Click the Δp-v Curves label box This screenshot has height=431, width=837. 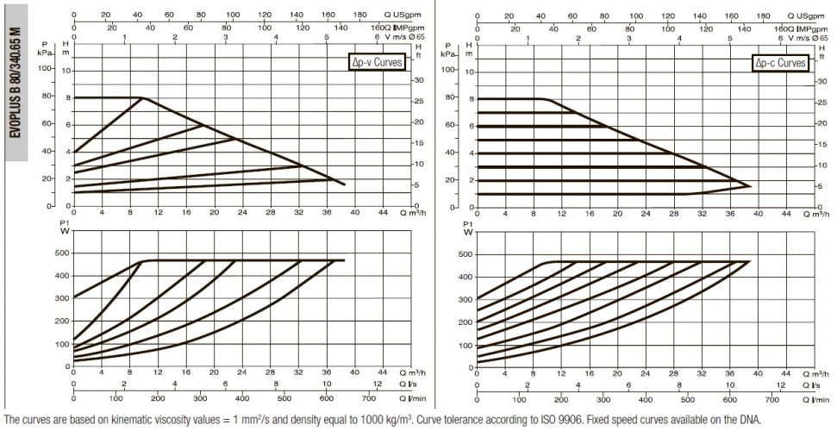(376, 62)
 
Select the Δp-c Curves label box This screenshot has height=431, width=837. (780, 63)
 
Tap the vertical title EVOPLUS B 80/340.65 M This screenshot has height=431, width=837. (16, 82)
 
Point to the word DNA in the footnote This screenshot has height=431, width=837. (749, 419)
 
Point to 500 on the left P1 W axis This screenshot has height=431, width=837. (61, 253)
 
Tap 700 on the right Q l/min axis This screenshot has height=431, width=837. (772, 399)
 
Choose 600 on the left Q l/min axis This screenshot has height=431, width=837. (327, 398)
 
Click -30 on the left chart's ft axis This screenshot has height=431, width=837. (419, 80)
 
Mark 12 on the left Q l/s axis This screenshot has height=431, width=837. (378, 384)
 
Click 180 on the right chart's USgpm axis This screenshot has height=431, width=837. (764, 16)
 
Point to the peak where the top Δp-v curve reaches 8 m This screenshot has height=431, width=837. (142, 97)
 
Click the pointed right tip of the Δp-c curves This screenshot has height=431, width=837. (751, 186)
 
